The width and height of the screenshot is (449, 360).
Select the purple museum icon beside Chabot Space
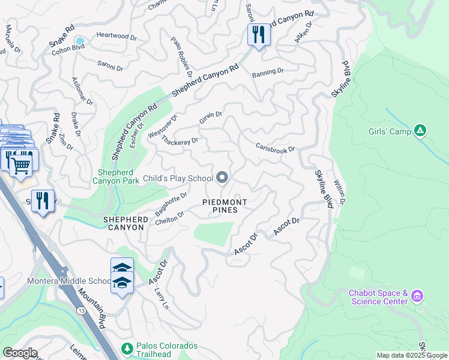[x=418, y=296]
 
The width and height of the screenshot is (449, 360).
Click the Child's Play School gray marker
[x=222, y=177]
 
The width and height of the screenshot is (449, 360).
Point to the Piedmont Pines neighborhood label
[x=224, y=206]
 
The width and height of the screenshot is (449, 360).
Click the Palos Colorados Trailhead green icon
[x=127, y=348]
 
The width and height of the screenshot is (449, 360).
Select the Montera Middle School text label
[x=68, y=281]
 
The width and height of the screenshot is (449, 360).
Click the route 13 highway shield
[x=80, y=310]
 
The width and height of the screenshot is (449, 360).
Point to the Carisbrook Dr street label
[x=276, y=148]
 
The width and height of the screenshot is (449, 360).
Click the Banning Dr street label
[x=268, y=71]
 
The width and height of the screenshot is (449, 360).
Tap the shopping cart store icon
[x=22, y=163]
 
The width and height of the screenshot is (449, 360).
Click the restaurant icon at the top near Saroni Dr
[x=259, y=34]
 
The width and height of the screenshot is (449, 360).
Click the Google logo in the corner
[x=19, y=353]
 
